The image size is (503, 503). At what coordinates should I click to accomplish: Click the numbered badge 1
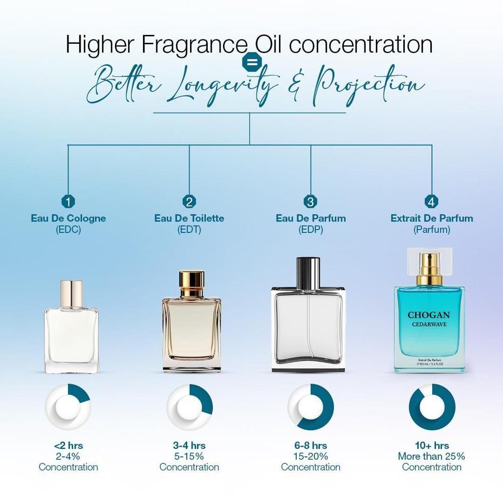click(x=68, y=201)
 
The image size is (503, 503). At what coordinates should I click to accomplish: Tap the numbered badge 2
click(x=190, y=201)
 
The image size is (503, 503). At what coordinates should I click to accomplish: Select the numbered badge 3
click(x=310, y=201)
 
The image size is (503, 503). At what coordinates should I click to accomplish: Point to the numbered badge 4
click(x=432, y=201)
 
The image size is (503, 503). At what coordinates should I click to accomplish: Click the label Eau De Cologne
click(x=68, y=218)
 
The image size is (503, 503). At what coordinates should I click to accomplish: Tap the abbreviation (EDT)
click(x=189, y=229)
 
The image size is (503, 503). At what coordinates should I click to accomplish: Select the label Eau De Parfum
click(x=310, y=218)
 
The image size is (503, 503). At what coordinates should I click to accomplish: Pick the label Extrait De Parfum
click(x=432, y=218)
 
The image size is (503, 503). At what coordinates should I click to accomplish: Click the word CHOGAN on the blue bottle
click(x=428, y=315)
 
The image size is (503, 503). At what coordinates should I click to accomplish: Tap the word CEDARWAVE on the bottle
click(x=428, y=325)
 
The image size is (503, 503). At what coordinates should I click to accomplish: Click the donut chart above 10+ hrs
click(x=432, y=407)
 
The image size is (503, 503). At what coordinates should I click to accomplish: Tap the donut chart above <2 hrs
click(x=68, y=407)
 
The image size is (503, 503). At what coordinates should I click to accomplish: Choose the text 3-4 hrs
click(x=189, y=446)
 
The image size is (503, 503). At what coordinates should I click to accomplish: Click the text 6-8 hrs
click(x=310, y=446)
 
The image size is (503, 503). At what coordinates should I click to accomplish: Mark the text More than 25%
click(x=431, y=456)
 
